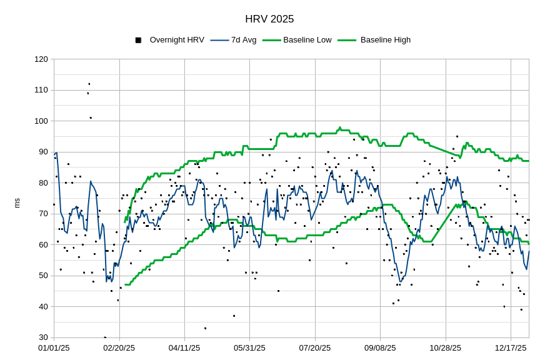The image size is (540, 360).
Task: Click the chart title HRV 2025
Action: pyautogui.click(x=269, y=19)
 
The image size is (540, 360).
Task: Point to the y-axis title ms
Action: pyautogui.click(x=17, y=203)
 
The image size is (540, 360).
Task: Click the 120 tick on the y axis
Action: pyautogui.click(x=41, y=59)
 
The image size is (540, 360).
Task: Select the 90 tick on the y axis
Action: pyautogui.click(x=43, y=152)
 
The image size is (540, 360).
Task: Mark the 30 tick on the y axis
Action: pyautogui.click(x=43, y=337)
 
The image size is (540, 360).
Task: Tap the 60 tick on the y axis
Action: pyautogui.click(x=43, y=245)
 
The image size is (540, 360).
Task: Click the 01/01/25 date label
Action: pyautogui.click(x=54, y=348)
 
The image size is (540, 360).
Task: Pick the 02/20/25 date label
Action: pyautogui.click(x=119, y=348)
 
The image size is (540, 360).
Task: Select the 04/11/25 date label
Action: pyautogui.click(x=184, y=348)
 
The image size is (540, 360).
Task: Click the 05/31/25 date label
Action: pyautogui.click(x=249, y=348)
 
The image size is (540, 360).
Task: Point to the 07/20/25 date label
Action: pyautogui.click(x=315, y=348)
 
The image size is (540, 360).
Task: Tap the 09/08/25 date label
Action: pyautogui.click(x=380, y=348)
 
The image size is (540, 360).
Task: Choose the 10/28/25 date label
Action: pyautogui.click(x=446, y=348)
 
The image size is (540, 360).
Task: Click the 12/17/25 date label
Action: pyautogui.click(x=511, y=348)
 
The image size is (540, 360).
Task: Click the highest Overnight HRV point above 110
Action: pyautogui.click(x=89, y=84)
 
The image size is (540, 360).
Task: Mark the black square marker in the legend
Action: pyautogui.click(x=138, y=40)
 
